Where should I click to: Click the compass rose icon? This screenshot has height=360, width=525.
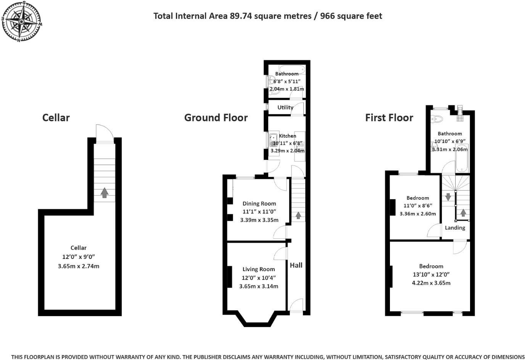(21, 21)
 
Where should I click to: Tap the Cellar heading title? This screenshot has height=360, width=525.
(56, 118)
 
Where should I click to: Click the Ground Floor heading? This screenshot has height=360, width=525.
(216, 118)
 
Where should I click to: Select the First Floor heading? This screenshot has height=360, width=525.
(389, 118)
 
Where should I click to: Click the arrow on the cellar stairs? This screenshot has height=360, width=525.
(104, 192)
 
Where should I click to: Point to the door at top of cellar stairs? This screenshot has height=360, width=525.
(105, 134)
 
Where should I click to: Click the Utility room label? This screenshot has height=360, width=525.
(285, 108)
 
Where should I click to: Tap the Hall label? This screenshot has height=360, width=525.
(296, 265)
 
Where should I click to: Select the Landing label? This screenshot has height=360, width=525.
(455, 228)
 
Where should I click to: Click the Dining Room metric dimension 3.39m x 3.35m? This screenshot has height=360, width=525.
(259, 220)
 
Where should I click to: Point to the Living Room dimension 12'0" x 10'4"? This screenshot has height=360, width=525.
(259, 278)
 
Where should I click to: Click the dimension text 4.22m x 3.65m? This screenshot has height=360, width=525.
(431, 283)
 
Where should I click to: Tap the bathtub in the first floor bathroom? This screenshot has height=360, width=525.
(462, 158)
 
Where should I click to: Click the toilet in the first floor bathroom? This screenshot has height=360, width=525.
(436, 119)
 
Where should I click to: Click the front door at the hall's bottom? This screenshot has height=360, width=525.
(296, 306)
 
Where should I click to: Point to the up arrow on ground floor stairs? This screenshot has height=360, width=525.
(298, 215)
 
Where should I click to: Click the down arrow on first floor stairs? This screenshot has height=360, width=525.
(448, 197)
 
